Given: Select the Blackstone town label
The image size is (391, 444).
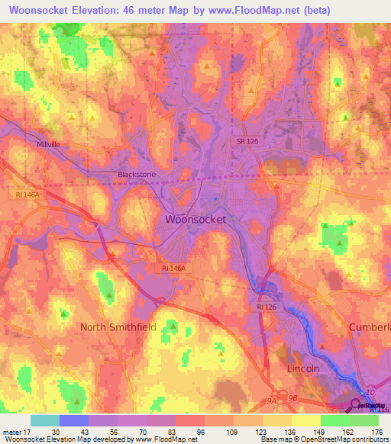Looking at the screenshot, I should (137, 174).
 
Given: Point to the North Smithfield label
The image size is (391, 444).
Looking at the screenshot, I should (118, 327).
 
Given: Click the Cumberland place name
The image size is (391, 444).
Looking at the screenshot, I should (369, 327).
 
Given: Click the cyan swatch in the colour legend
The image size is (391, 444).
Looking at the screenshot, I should (45, 420).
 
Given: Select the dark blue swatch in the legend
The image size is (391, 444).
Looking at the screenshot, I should (74, 420).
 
